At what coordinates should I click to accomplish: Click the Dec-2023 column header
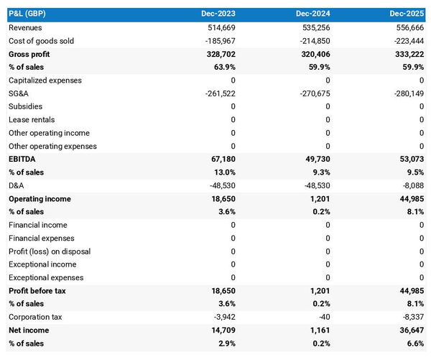click(218, 14)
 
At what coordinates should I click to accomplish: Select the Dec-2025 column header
click(407, 14)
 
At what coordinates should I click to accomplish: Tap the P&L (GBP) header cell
click(28, 14)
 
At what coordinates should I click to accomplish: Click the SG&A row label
click(19, 93)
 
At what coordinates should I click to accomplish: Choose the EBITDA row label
click(22, 159)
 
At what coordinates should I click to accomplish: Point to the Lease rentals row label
click(32, 119)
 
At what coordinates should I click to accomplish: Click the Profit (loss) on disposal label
click(46, 251)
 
